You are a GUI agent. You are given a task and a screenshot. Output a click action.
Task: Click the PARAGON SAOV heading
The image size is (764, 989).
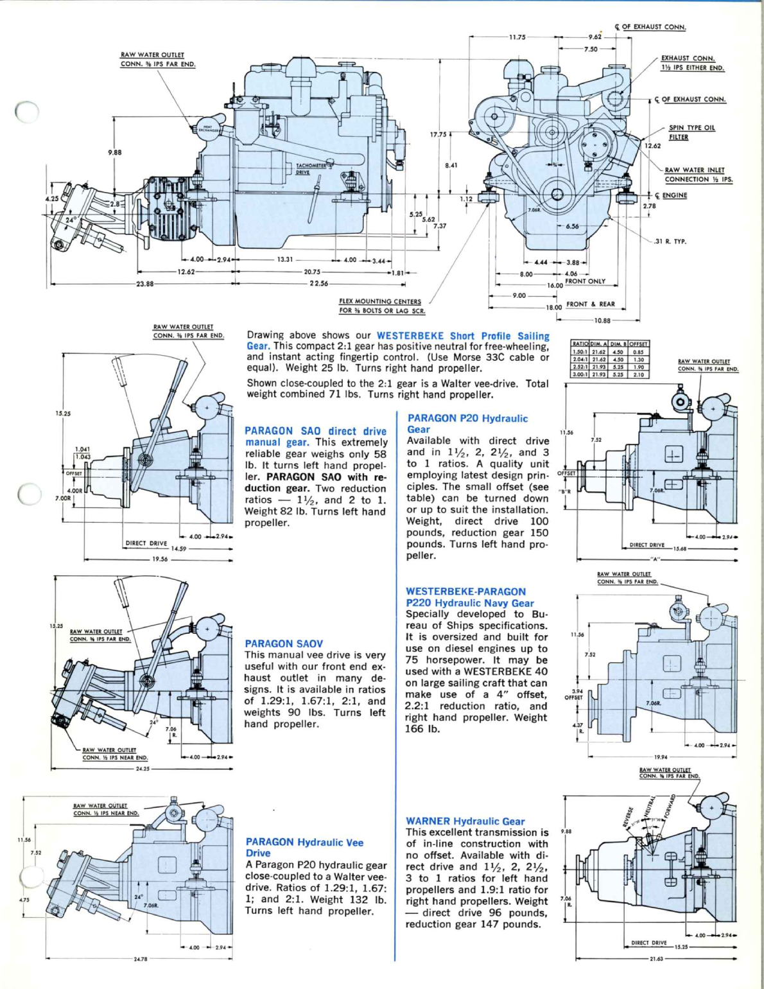(x=284, y=643)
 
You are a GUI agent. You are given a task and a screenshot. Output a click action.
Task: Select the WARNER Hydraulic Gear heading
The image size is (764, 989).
(x=465, y=821)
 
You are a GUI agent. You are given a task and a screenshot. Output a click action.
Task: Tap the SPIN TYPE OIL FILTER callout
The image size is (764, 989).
(x=691, y=132)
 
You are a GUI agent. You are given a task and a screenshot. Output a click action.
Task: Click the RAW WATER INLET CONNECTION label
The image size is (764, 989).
(x=698, y=175)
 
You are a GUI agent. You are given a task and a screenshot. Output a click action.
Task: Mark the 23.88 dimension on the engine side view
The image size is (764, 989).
(x=144, y=283)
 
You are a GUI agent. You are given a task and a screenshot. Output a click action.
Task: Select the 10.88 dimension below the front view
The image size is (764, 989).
(x=602, y=320)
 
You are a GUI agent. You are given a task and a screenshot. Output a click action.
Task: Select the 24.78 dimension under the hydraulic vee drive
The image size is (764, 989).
(x=140, y=959)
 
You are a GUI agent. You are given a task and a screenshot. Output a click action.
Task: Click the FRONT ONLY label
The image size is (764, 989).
(x=585, y=281)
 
